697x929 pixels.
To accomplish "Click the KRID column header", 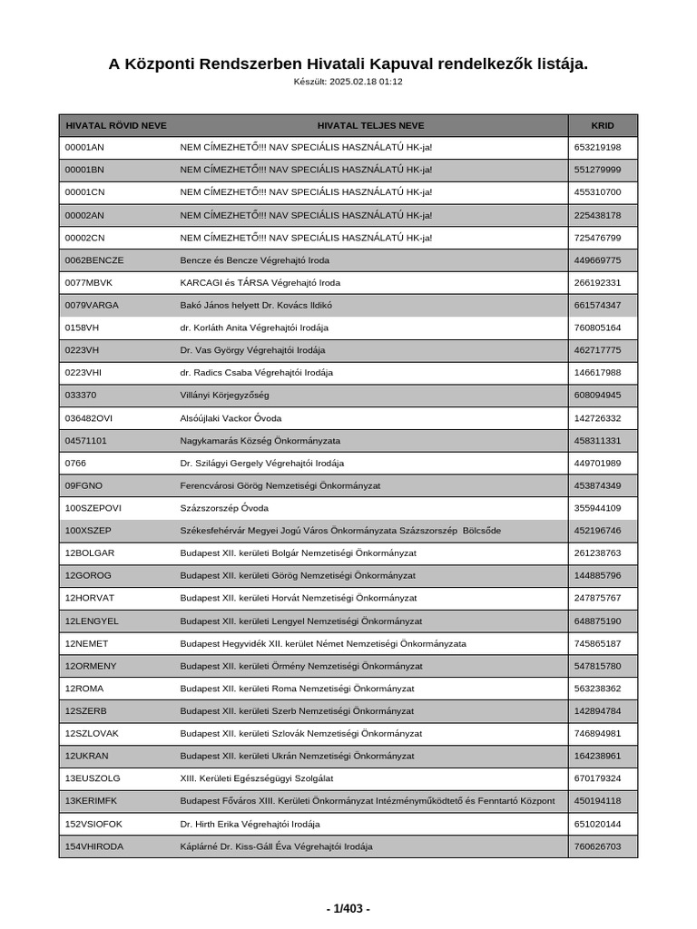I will coord(603,125).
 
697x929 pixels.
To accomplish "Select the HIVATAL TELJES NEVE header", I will coord(370,125).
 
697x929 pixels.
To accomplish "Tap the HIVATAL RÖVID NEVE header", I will coord(116,125).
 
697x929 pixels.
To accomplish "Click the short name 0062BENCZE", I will coord(94,260).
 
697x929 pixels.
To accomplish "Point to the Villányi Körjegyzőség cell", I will coord(224,396).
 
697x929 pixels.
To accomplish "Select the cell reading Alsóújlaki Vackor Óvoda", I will coord(231,418).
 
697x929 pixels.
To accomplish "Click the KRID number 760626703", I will coord(598,846).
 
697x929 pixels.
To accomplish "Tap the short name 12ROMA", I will coord(84,689).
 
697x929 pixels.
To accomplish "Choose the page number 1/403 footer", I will coord(348,908).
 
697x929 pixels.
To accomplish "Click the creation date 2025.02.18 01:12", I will coord(366,82).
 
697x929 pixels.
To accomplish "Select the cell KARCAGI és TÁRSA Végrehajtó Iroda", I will coord(260,283).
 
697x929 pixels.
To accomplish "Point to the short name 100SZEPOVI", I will coord(93,508).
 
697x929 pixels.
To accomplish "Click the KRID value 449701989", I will coord(598,463).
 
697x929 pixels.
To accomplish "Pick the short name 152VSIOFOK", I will coord(93,824).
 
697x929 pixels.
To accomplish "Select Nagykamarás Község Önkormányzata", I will coord(260,440).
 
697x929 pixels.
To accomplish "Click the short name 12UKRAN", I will coord(88,756).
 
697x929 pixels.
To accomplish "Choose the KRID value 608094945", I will coord(598,396).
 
